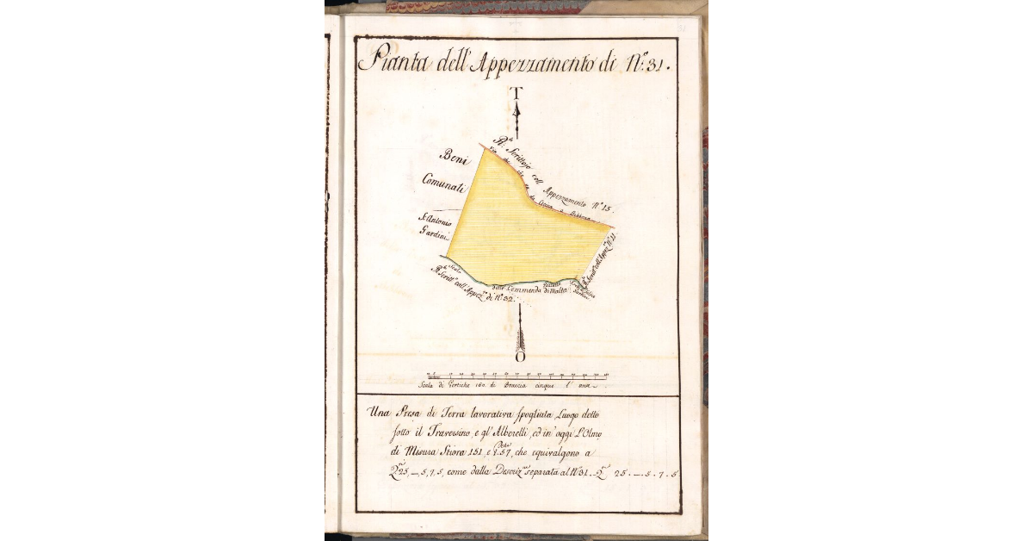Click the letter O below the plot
click(519, 357)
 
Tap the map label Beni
click(453, 156)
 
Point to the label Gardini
click(435, 231)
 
